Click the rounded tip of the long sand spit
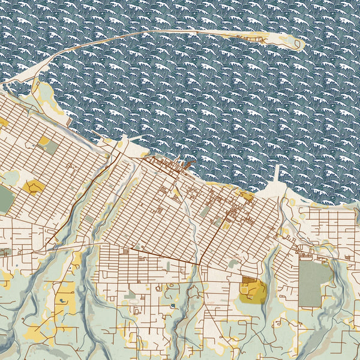(295, 42)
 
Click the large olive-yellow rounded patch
(253, 291)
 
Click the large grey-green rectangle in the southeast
(314, 282)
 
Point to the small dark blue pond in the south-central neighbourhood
(173, 306)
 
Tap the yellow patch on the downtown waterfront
(246, 194)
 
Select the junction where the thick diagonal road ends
(199, 264)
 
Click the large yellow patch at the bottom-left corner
(36, 333)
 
